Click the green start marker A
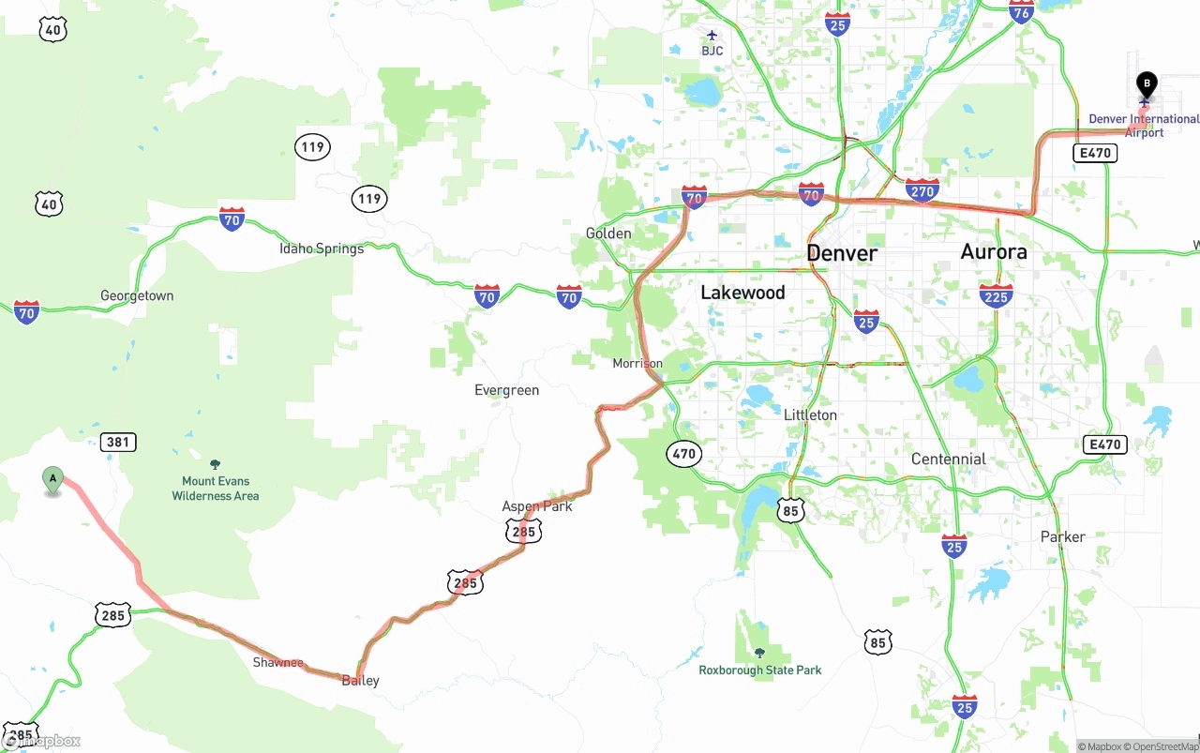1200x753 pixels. [53, 479]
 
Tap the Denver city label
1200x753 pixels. [842, 253]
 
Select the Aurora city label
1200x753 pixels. [993, 251]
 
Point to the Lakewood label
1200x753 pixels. [742, 293]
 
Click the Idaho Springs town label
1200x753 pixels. [322, 248]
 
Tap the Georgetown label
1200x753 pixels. [137, 295]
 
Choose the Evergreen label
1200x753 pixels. [506, 390]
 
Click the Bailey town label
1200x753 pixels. [361, 680]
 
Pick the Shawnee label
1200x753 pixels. [277, 662]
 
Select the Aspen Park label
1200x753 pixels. [536, 506]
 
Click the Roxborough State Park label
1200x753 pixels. [759, 670]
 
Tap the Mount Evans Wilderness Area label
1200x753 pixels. [215, 488]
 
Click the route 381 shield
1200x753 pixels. [118, 442]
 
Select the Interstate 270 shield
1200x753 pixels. [922, 190]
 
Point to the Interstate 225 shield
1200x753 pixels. [995, 295]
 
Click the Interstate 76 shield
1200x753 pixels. [1021, 10]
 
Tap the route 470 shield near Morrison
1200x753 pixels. [684, 454]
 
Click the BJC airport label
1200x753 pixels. [712, 50]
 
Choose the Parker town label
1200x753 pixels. [1062, 536]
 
